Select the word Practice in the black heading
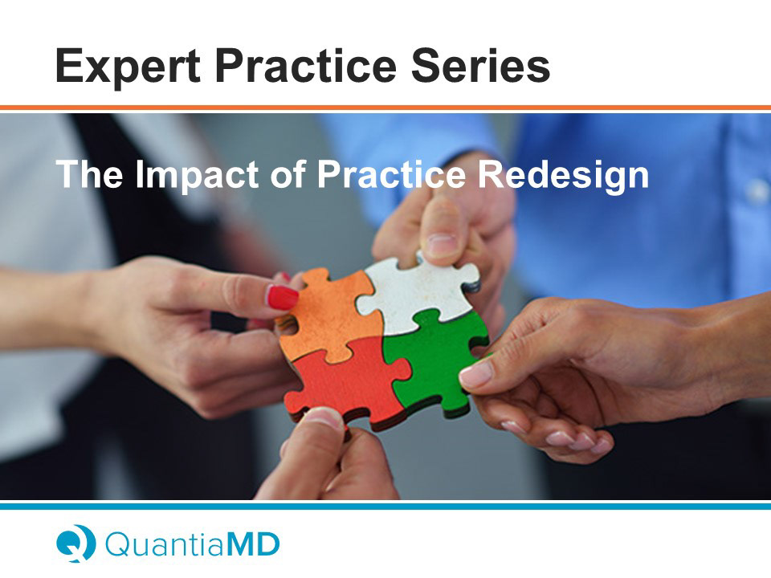click(x=305, y=65)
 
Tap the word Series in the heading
click(x=480, y=65)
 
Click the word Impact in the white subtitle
click(x=197, y=175)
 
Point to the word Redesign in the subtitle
click(x=564, y=175)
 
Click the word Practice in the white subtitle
click(x=391, y=174)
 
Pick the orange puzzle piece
click(x=329, y=314)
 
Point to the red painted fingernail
click(x=282, y=297)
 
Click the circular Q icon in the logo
click(x=75, y=543)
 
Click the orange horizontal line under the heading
click(x=385, y=108)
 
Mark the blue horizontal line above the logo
click(x=385, y=506)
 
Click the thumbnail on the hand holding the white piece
click(x=441, y=244)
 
